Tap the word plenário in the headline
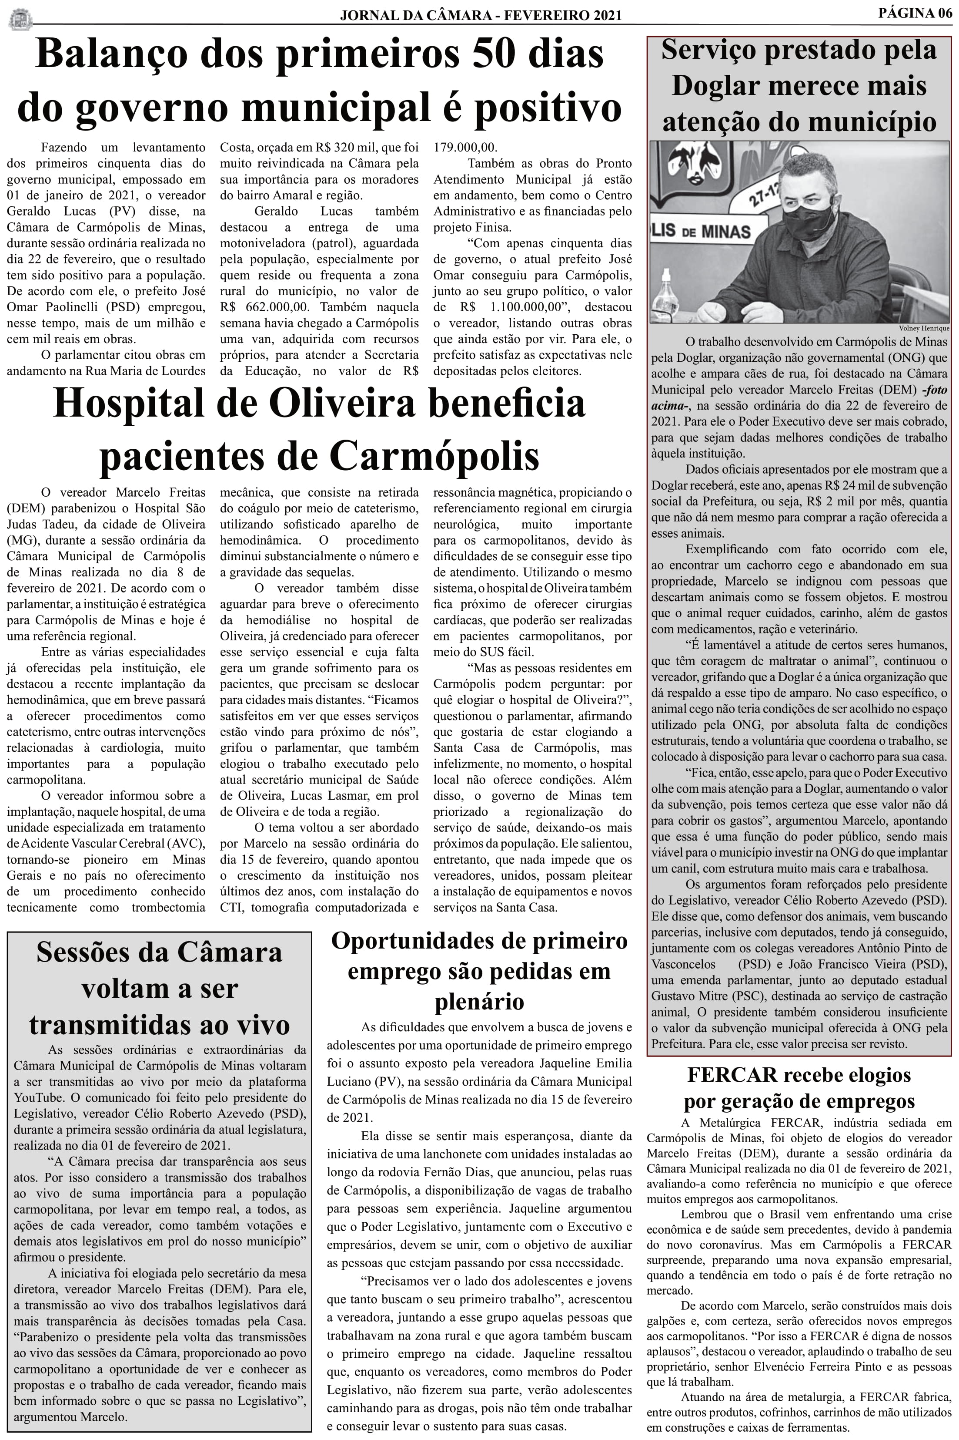(x=479, y=1002)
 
